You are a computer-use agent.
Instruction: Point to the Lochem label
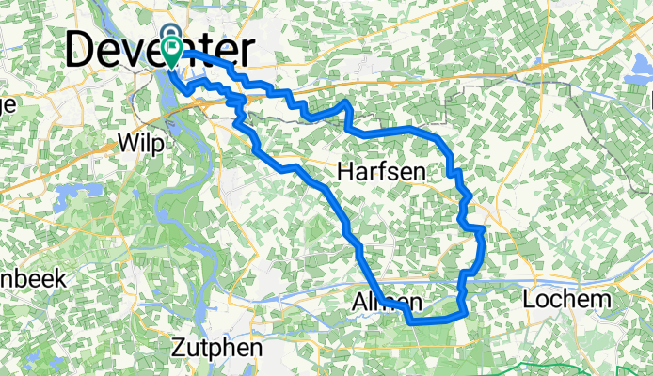[x=568, y=301]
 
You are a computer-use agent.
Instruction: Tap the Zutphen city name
[x=215, y=347]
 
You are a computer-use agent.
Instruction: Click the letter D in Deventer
[x=86, y=51]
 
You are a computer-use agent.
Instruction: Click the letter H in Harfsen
[x=345, y=171]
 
